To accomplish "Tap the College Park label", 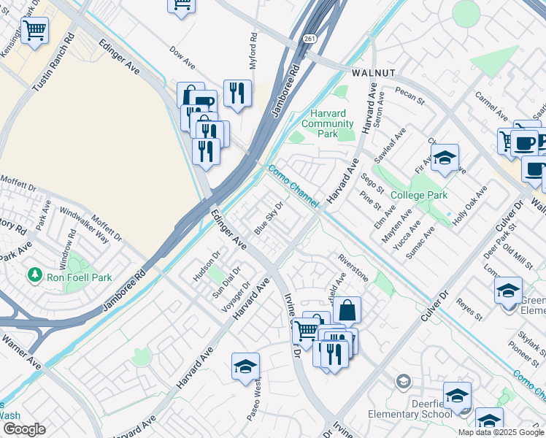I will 418,196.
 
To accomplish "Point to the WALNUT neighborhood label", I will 373,73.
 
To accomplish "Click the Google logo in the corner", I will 24,429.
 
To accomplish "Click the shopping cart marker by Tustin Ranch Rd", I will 34,31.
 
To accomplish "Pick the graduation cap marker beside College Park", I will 444,158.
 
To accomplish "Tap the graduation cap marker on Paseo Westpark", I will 246,367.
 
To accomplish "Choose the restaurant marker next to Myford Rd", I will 237,93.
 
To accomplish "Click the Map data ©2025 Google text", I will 501,432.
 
